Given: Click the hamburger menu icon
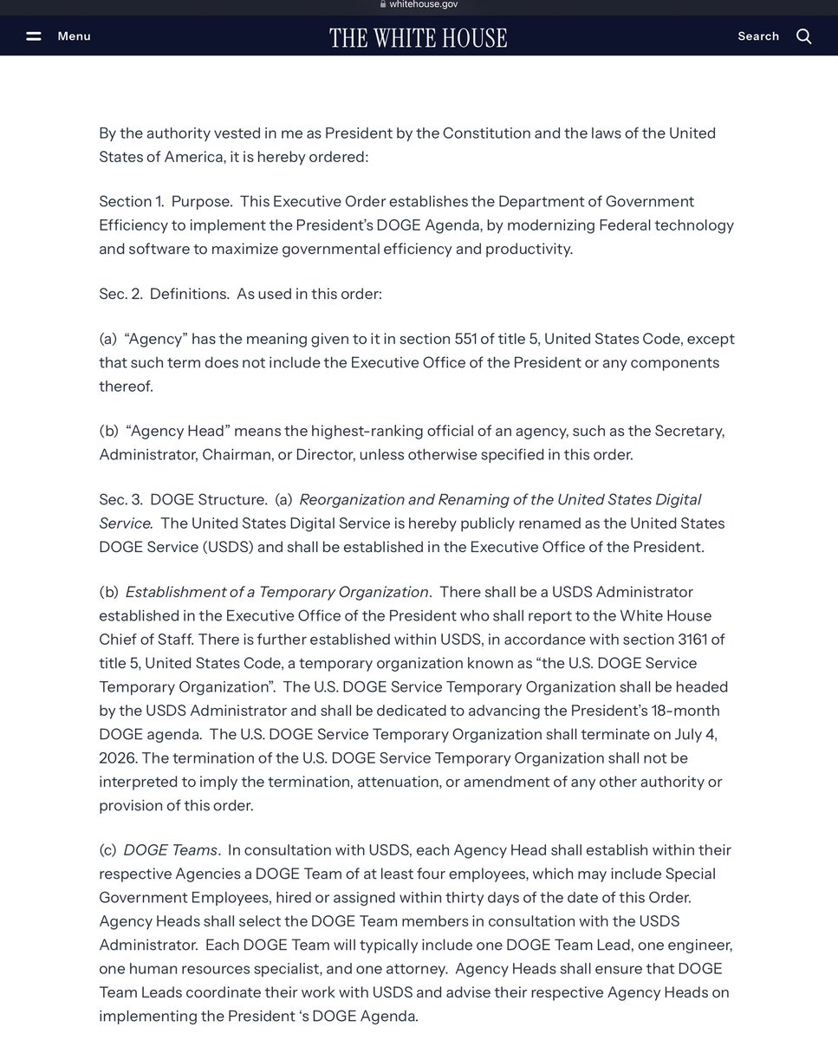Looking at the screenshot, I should [x=34, y=36].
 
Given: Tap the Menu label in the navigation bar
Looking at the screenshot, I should [x=74, y=36].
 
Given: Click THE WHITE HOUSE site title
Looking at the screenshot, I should [x=418, y=37].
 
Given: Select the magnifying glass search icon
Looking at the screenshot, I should [x=803, y=36].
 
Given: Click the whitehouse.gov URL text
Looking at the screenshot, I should [x=424, y=4].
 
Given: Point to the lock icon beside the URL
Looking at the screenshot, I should [x=382, y=4].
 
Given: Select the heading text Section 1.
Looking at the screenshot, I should [x=131, y=201].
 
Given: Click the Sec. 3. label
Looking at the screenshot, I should [x=120, y=499].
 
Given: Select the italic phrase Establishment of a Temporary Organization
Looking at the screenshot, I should [x=277, y=592].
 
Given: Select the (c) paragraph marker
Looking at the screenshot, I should [x=108, y=850].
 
